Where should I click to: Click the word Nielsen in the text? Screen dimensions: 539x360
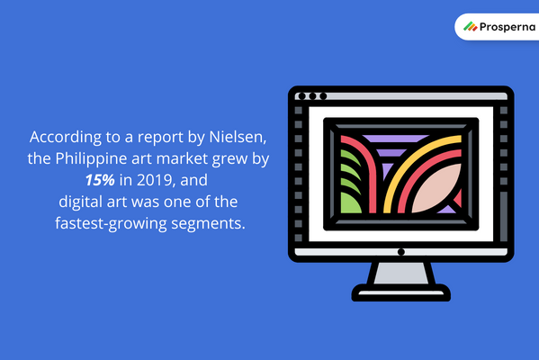pos(238,137)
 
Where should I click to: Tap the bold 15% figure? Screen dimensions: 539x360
pos(100,180)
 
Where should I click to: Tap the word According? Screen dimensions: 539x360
pos(66,137)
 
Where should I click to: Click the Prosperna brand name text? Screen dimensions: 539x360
pos(508,27)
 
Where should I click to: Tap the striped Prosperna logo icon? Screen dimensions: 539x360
pos(471,26)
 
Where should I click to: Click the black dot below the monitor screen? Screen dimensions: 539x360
pos(400,252)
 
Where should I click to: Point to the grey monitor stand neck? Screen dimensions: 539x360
pos(401,273)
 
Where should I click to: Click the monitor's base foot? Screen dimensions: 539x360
pos(401,293)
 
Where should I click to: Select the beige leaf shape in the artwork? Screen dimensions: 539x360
pos(436,188)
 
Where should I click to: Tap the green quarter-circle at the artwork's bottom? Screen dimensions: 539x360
pos(350,202)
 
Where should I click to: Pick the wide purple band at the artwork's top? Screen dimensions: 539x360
pos(395,139)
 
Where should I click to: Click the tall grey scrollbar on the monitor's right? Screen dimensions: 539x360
pos(504,217)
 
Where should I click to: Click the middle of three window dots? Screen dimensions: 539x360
pos(312,96)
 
